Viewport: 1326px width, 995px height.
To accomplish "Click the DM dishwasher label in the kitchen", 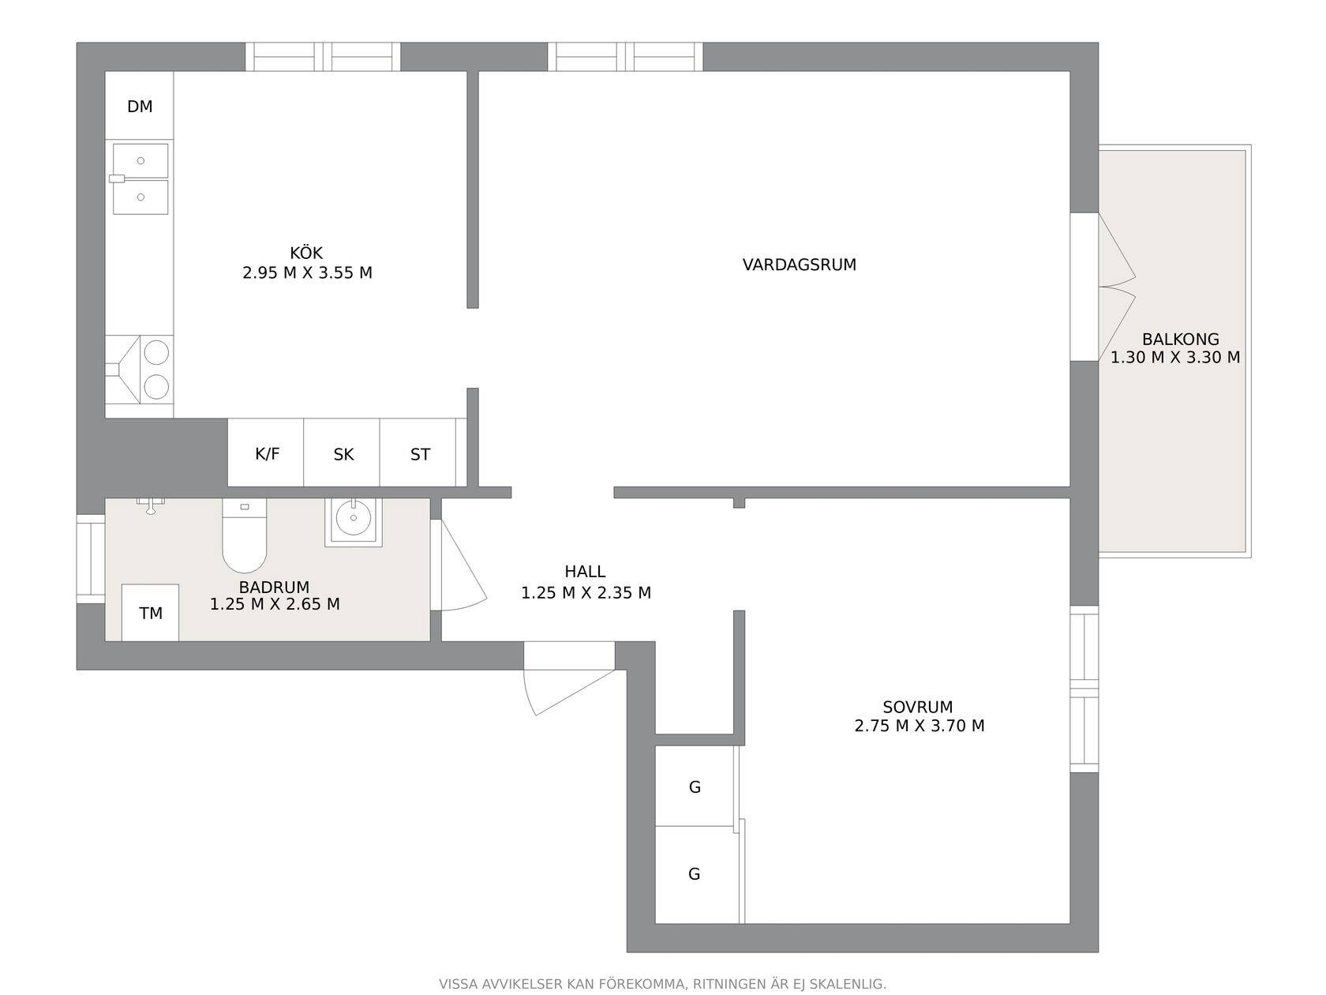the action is click(140, 107).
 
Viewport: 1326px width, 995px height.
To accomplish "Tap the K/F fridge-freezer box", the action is click(265, 452).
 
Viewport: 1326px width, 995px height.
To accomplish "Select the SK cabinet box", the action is click(342, 452).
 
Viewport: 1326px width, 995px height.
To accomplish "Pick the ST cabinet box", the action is click(418, 452).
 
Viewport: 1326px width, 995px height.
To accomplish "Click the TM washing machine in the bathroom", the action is click(151, 613).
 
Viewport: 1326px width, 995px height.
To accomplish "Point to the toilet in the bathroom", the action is click(245, 535).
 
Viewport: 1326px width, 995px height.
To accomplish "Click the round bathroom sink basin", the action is click(354, 518).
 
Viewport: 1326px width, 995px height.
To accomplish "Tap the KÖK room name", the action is click(306, 253).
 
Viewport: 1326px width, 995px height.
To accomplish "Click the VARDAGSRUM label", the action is click(800, 265).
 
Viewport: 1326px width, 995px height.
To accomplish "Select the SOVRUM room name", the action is click(918, 707).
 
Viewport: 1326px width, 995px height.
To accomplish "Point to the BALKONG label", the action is click(1181, 339).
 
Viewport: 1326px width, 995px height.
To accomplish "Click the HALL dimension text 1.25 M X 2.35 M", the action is click(586, 593).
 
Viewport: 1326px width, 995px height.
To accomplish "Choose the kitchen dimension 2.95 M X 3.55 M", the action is click(308, 273).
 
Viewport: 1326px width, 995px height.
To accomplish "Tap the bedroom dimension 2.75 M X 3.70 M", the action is click(920, 726).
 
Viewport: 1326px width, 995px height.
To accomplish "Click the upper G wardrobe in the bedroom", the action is click(695, 786).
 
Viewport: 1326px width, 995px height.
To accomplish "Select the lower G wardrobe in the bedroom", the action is click(695, 874).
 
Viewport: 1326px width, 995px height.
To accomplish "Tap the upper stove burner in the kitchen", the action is click(156, 353).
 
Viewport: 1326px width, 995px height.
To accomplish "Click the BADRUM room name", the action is click(274, 588).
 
